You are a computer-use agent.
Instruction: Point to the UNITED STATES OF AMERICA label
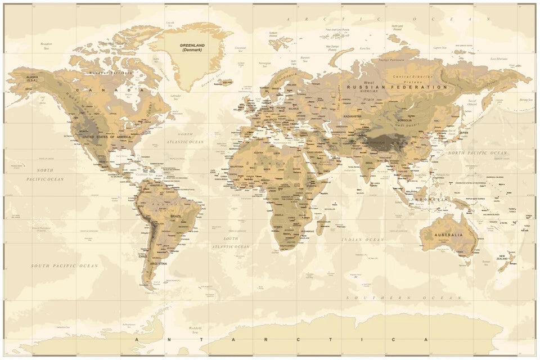[x=106, y=137]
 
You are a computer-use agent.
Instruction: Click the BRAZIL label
[x=176, y=216]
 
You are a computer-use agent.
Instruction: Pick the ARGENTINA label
[x=158, y=263]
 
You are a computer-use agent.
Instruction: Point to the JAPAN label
[x=463, y=133]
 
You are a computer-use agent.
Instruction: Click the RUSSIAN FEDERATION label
[x=397, y=87]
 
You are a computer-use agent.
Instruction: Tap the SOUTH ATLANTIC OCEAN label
[x=230, y=242]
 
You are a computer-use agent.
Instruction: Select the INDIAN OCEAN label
[x=363, y=240]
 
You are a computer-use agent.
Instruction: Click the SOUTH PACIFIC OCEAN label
[x=64, y=265]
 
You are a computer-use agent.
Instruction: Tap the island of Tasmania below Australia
[x=465, y=262]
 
